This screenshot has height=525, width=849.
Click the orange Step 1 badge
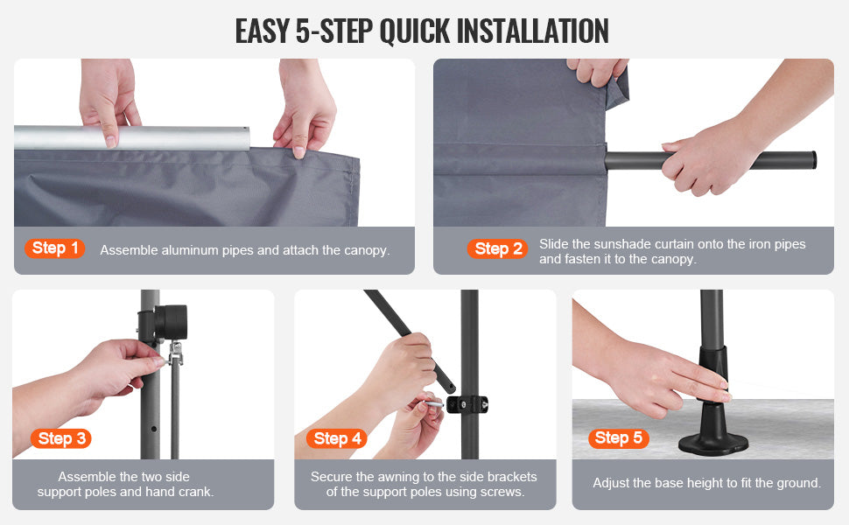[x=54, y=248]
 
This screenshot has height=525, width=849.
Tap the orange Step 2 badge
[x=498, y=249]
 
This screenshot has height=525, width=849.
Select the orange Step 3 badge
[x=61, y=438]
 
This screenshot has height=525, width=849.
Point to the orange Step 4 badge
[x=337, y=438]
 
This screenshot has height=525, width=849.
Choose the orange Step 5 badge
[x=618, y=437]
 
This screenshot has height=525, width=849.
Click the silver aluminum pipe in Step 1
[x=132, y=137]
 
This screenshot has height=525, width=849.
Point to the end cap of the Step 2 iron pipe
[x=813, y=160]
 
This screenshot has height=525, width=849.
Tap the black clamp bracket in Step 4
[x=467, y=404]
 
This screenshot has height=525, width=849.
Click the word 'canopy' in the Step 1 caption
[x=366, y=250]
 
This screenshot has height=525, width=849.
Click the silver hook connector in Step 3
[x=175, y=353]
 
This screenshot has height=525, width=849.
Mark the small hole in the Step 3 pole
[x=154, y=429]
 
